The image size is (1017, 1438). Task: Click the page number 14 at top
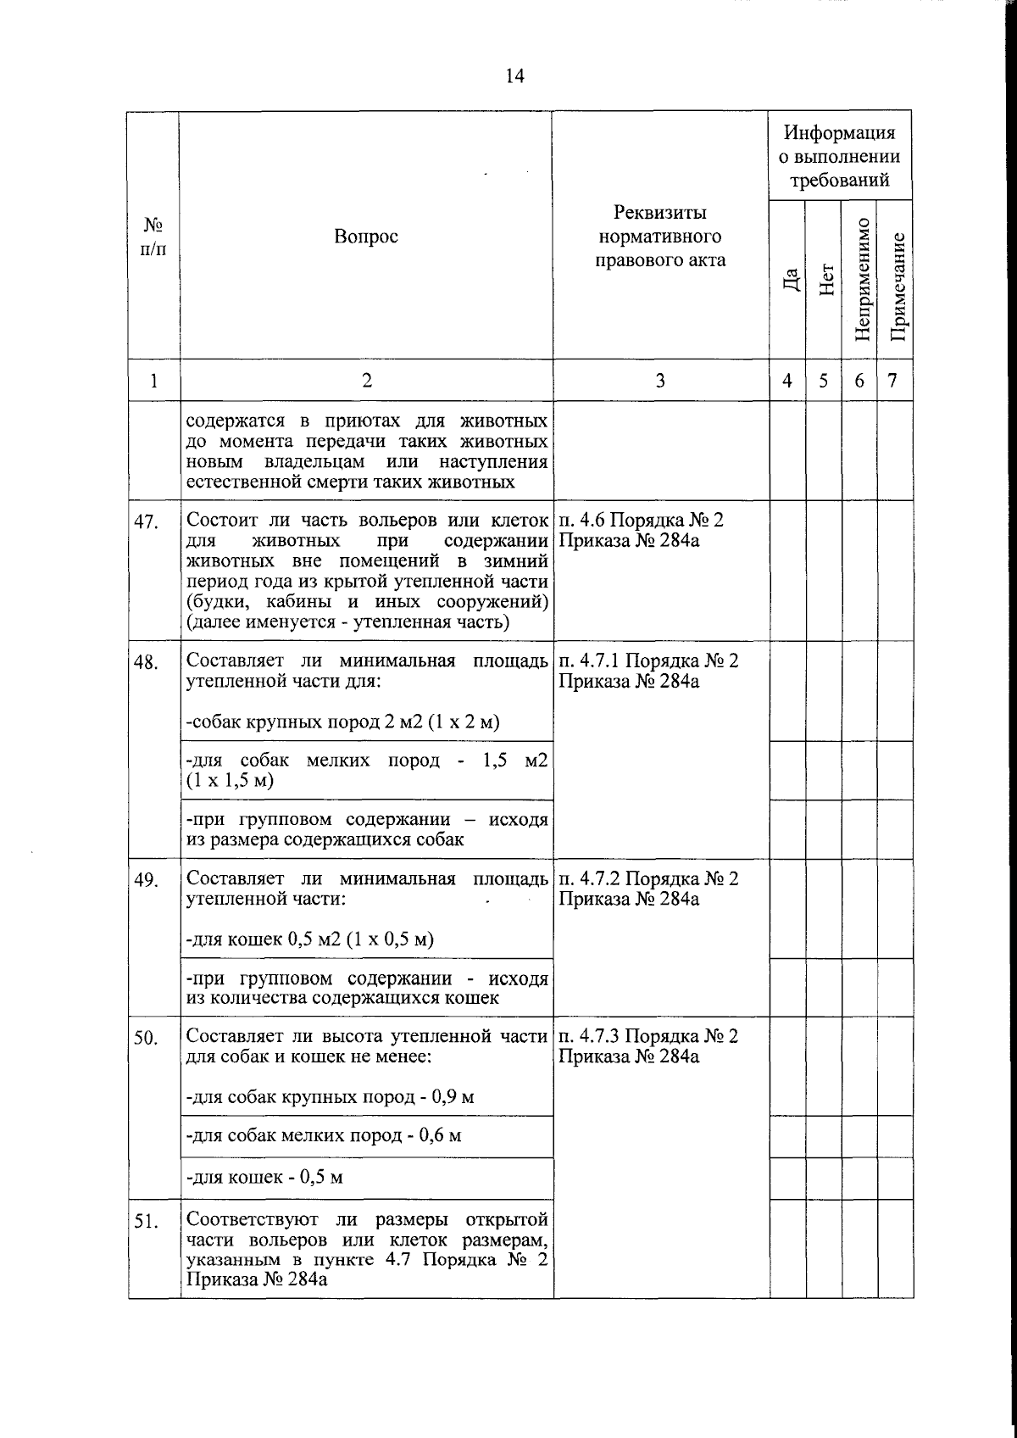[514, 76]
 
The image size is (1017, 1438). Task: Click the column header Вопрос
[365, 237]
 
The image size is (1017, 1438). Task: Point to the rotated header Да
[789, 279]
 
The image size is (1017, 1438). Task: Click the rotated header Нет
[825, 279]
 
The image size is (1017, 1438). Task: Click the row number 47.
[147, 521]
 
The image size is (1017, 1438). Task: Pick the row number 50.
[147, 1039]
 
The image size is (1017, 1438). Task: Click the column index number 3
[659, 381]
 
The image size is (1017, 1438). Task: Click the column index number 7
[892, 381]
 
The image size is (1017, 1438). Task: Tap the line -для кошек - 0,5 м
[264, 1177]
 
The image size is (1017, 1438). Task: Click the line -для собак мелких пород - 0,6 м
[323, 1134]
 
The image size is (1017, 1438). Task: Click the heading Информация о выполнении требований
[839, 156]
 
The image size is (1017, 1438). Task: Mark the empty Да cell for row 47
[787, 570]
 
